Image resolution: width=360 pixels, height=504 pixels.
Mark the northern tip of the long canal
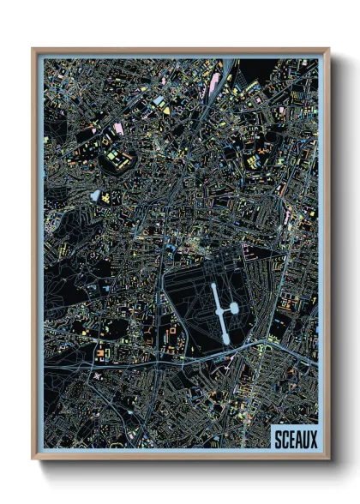point(213,285)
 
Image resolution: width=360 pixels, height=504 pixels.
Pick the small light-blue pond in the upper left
point(95,195)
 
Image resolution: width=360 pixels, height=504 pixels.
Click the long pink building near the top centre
point(213,83)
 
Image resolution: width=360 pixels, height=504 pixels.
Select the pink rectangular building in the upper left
point(117,129)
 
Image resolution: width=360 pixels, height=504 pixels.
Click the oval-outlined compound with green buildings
point(116,158)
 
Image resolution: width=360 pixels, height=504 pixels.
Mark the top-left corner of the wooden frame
point(33,49)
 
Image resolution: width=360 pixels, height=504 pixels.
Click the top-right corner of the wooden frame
point(329,49)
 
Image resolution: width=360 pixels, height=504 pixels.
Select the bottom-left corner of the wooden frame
point(33,460)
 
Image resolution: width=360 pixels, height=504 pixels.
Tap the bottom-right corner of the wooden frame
point(329,460)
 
